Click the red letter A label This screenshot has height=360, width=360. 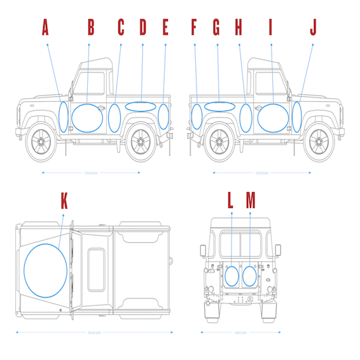[45, 27]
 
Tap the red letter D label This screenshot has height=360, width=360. [143, 27]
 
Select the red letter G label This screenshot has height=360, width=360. [216, 27]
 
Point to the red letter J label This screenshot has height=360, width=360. [313, 27]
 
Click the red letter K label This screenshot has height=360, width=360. [64, 201]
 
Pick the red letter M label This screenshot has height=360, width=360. [251, 201]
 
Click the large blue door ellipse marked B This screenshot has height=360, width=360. [88, 117]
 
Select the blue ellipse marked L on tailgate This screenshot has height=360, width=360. [232, 276]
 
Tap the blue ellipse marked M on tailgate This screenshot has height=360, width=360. [249, 276]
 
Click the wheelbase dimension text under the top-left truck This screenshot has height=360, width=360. [92, 172]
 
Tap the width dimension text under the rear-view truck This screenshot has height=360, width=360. [240, 332]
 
